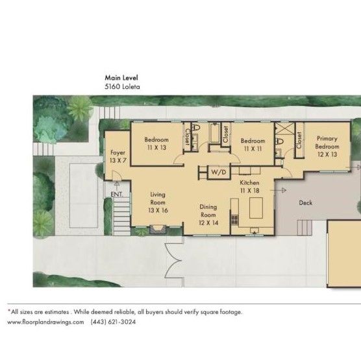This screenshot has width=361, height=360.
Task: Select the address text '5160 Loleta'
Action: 122,85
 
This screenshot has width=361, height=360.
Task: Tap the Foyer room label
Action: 117,156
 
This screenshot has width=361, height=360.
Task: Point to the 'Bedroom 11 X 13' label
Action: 156,144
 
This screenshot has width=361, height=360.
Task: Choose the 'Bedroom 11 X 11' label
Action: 253,144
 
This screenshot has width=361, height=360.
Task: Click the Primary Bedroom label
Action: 327,147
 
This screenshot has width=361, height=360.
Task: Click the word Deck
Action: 306,203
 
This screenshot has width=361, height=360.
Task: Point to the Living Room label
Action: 158,202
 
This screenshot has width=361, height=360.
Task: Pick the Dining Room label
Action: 208,215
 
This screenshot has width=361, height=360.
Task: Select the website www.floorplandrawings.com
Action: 45,322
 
